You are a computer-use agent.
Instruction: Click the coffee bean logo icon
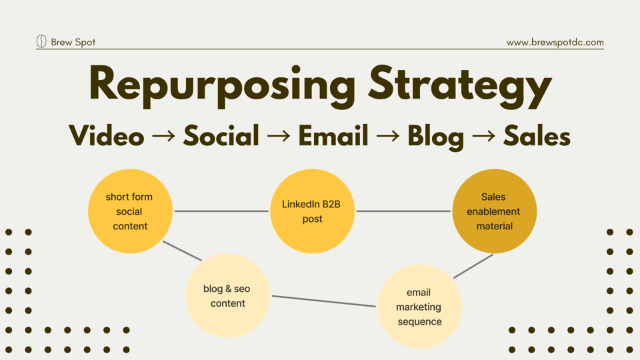[41, 41]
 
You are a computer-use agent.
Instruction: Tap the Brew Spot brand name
[73, 42]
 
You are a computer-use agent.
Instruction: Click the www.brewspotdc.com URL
[555, 42]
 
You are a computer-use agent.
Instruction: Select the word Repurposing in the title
[222, 86]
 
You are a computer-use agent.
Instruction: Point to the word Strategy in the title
[460, 87]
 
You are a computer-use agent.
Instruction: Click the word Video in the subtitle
[107, 135]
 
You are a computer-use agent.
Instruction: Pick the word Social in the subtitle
[221, 135]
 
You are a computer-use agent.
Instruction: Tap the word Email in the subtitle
[333, 135]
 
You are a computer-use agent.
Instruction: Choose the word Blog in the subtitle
[436, 137]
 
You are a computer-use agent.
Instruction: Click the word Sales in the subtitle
[537, 135]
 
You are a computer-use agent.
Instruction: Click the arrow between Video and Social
[164, 136]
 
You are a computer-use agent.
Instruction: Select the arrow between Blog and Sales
[484, 136]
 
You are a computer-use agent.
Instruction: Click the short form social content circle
[130, 211]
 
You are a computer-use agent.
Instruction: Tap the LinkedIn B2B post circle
[312, 211]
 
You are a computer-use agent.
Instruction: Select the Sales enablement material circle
[494, 211]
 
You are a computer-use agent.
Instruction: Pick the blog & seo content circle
[228, 295]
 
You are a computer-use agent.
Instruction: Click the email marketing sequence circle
[419, 307]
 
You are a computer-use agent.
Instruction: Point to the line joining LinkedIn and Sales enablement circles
[403, 211]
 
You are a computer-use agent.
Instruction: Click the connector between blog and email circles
[324, 301]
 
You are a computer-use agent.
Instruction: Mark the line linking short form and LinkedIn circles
[221, 211]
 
